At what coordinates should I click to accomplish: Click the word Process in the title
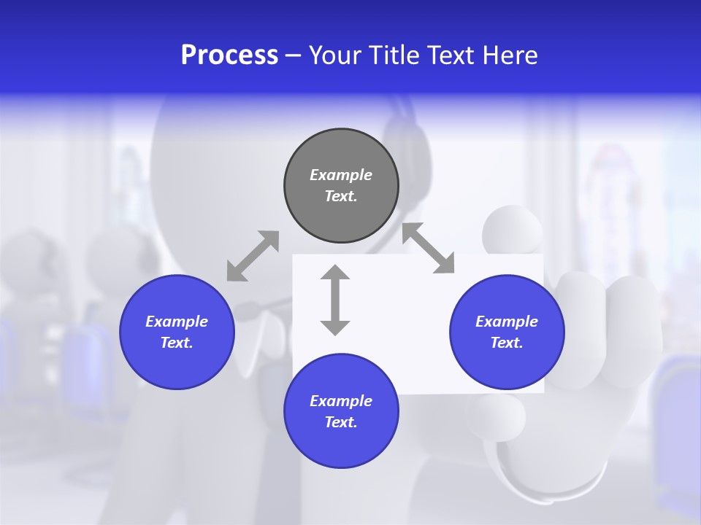229,55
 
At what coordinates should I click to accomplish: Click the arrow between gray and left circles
253,256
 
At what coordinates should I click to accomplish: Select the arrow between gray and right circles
429,248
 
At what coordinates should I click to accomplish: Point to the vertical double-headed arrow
335,300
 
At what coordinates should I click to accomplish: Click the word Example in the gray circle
341,175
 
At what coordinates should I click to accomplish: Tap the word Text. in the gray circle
341,196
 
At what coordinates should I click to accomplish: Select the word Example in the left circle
177,322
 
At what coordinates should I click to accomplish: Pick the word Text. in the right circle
507,343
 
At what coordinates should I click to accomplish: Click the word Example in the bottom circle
341,401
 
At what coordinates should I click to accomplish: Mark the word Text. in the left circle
177,343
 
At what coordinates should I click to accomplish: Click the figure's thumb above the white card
513,229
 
